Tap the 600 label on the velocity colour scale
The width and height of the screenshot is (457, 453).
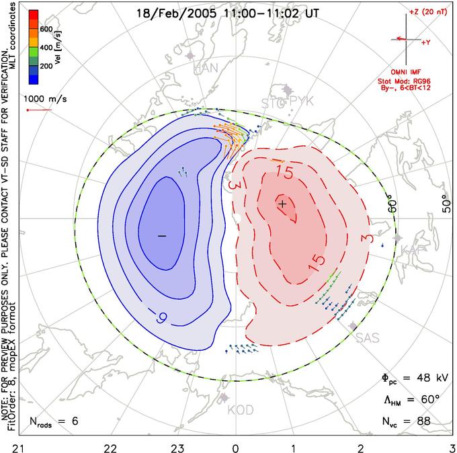[46, 29]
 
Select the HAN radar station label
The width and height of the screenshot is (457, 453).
[205, 69]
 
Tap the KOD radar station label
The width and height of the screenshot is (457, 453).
[241, 410]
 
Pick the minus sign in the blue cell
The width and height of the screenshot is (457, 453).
[161, 236]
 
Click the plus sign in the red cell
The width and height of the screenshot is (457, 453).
[283, 204]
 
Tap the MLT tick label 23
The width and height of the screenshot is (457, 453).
[177, 446]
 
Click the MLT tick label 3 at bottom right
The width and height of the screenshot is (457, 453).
[452, 446]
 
